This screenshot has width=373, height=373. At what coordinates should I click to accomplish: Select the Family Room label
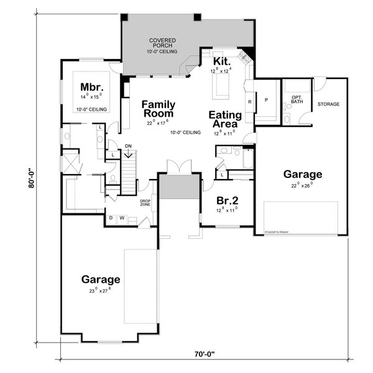158,108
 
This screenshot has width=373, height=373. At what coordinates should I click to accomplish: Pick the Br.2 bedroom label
224,201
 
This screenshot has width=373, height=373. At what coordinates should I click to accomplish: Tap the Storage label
328,104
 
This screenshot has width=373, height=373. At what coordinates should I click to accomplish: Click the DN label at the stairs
128,146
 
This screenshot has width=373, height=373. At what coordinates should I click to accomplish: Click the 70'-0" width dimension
203,354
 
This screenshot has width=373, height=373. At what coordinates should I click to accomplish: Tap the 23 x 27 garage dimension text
100,290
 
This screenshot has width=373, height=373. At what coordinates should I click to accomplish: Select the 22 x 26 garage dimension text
303,185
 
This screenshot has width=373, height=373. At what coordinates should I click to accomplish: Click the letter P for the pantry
266,99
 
